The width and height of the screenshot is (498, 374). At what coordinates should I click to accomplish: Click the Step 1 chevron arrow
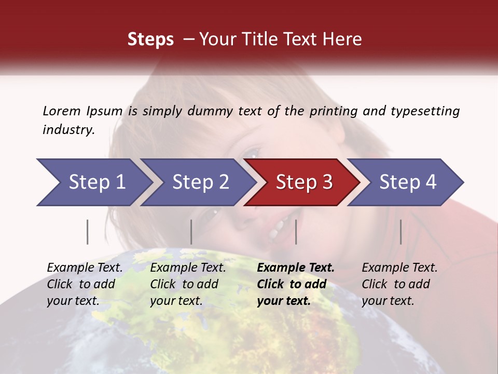pyautogui.click(x=93, y=182)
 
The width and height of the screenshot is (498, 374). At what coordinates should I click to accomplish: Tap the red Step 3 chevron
pyautogui.click(x=303, y=182)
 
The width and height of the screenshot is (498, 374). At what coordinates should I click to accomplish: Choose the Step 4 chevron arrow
pyautogui.click(x=407, y=182)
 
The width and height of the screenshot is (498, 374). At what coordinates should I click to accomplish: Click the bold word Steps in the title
pyautogui.click(x=150, y=39)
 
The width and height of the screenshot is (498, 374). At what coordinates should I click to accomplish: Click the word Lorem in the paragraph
pyautogui.click(x=62, y=111)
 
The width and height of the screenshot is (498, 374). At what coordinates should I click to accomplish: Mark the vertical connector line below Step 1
pyautogui.click(x=88, y=232)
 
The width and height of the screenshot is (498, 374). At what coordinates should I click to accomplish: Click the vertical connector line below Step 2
pyautogui.click(x=191, y=232)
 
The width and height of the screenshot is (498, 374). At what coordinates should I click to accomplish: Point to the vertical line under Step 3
pyautogui.click(x=296, y=232)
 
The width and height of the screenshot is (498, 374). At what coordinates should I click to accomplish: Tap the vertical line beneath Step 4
pyautogui.click(x=400, y=232)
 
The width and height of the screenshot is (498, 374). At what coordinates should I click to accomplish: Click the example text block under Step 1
pyautogui.click(x=85, y=284)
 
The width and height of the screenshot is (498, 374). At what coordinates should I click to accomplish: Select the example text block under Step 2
pyautogui.click(x=188, y=284)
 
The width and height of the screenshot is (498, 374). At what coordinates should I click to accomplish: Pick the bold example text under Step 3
pyautogui.click(x=296, y=284)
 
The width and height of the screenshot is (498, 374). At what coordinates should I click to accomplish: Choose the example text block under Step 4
pyautogui.click(x=399, y=284)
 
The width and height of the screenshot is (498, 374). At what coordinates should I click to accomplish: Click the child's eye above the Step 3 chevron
pyautogui.click(x=252, y=152)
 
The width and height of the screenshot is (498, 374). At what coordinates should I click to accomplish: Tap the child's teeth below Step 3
pyautogui.click(x=278, y=229)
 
